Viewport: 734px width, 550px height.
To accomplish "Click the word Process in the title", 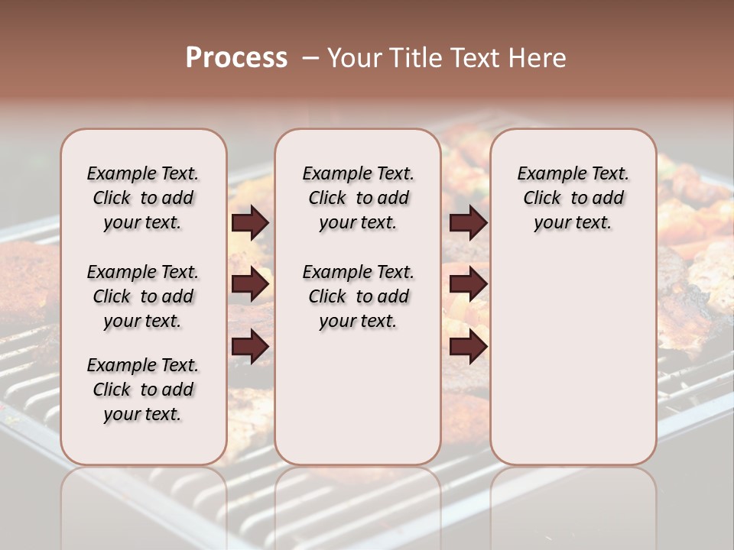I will [x=236, y=58].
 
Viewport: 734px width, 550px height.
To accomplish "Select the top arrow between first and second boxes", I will [x=250, y=222].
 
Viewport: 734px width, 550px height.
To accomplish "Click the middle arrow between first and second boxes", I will [x=250, y=284].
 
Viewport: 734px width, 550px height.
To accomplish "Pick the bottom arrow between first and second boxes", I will [x=250, y=346].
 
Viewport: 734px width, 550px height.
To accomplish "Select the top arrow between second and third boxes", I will [x=468, y=222].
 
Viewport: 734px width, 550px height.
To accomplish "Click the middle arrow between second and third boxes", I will [x=468, y=284].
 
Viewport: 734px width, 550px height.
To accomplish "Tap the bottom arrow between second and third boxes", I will [x=468, y=346].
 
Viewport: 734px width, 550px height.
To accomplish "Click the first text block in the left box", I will [x=143, y=198].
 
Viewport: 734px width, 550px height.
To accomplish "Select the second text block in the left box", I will [x=143, y=296].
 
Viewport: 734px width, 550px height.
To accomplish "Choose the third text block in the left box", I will [x=143, y=390].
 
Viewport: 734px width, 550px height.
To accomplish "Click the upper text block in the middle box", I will [x=358, y=198].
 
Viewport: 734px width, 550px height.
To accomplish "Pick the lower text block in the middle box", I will [x=358, y=296].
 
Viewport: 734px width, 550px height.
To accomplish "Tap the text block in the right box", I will [x=573, y=198].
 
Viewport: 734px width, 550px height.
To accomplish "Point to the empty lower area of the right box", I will [x=573, y=359].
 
